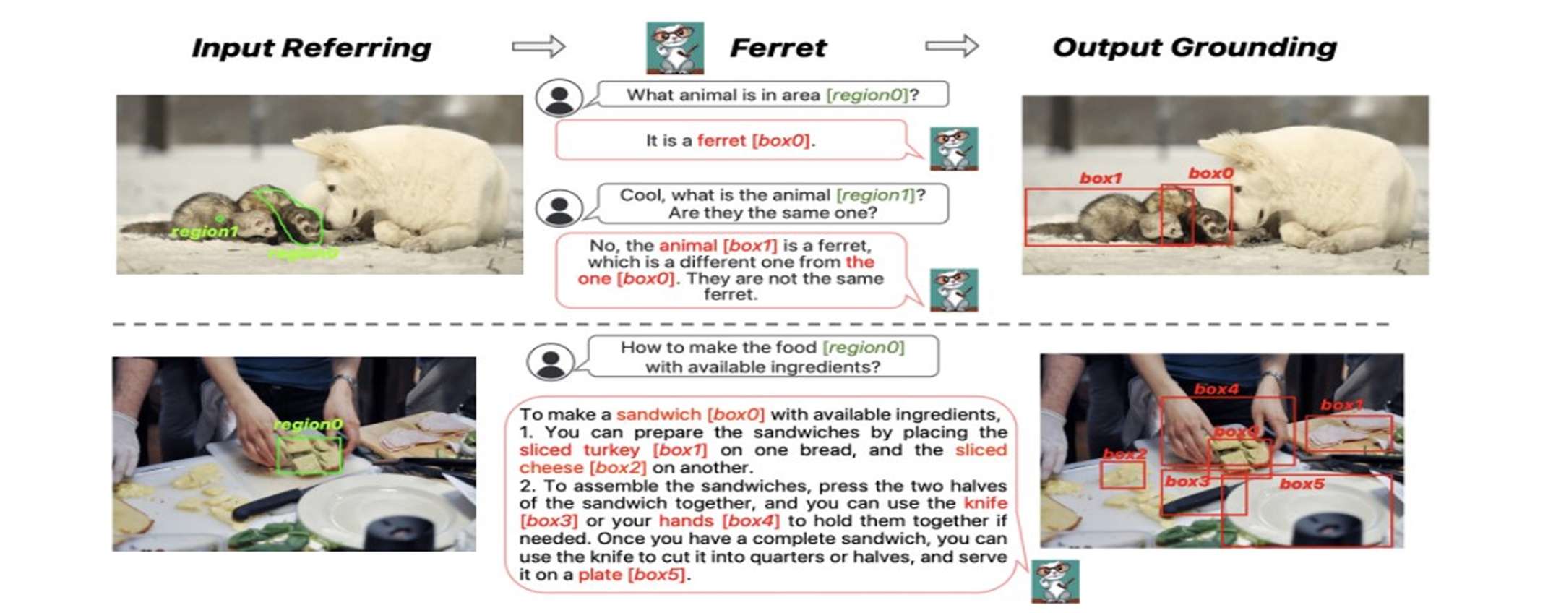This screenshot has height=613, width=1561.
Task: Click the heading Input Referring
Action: (x=311, y=48)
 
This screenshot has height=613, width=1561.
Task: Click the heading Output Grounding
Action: (x=1194, y=48)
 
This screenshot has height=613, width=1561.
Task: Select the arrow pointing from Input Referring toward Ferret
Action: (x=538, y=46)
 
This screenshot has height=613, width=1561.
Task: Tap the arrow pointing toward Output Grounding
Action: (x=952, y=46)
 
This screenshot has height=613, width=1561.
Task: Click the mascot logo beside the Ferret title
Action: (x=674, y=48)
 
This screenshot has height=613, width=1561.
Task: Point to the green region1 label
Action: (x=205, y=231)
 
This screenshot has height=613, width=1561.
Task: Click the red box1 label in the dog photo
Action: (x=1101, y=178)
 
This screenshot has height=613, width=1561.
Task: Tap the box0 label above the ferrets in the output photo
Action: (x=1210, y=173)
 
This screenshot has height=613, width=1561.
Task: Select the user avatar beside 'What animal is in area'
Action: (x=559, y=98)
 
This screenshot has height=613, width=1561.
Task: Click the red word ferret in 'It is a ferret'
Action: (x=721, y=140)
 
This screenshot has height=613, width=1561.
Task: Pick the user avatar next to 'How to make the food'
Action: (x=550, y=361)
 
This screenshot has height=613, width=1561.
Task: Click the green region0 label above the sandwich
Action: (x=308, y=424)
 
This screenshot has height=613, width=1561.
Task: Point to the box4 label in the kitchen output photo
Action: (x=1216, y=389)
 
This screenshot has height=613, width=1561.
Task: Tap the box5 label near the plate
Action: (x=1302, y=484)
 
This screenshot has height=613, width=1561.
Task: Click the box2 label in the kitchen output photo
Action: (x=1124, y=454)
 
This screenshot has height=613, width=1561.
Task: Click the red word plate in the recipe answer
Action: (x=600, y=575)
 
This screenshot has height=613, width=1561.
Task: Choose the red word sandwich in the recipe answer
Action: (x=658, y=414)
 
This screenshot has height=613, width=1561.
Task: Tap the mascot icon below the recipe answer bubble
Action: (x=1055, y=580)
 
